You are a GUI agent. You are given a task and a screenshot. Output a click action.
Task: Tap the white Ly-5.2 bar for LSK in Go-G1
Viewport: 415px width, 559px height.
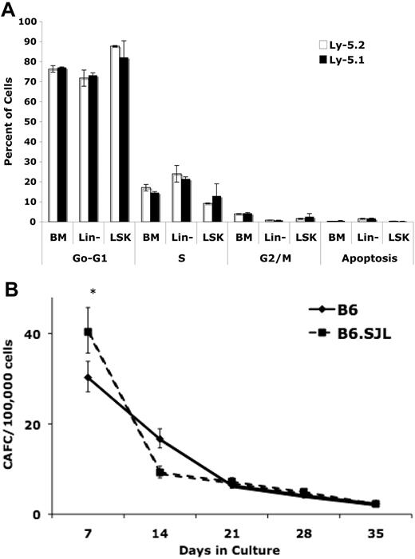115,134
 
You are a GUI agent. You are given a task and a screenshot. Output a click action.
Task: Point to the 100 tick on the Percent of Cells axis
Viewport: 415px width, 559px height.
31,21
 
